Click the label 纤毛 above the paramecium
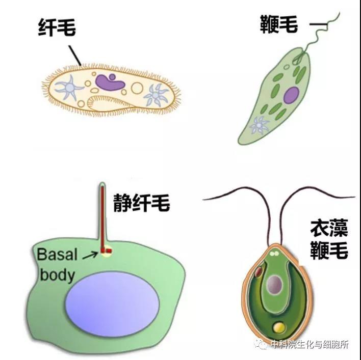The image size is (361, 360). (x=57, y=27)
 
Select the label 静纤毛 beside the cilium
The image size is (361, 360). (x=141, y=204)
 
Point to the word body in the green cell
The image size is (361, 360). (x=57, y=275)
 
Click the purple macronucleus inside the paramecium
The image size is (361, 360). (x=108, y=81)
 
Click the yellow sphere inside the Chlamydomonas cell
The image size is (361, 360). (x=278, y=326)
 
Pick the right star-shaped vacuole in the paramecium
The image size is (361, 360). (x=156, y=94)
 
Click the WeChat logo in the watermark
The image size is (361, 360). (x=262, y=345)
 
